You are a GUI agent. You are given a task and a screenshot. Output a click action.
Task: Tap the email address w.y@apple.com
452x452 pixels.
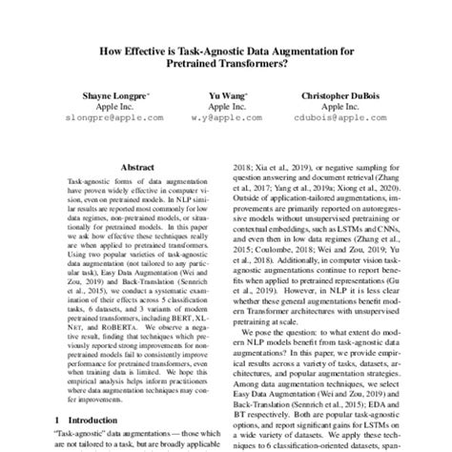coord(226,119)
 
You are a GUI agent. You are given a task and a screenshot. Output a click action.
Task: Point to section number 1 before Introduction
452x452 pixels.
coord(55,420)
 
